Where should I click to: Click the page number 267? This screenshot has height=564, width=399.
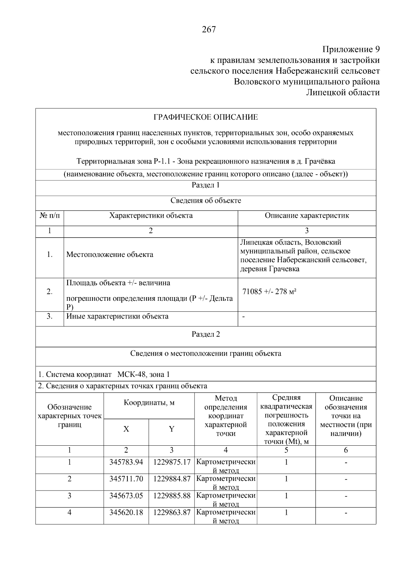(x=209, y=30)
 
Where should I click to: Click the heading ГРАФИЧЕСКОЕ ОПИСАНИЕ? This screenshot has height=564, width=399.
(x=205, y=117)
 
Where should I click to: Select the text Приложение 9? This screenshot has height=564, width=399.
(x=351, y=50)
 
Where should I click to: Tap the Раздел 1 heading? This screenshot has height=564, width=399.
(x=205, y=185)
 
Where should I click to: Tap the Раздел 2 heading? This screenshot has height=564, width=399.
(x=205, y=334)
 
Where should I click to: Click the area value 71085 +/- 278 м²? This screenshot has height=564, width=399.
(x=269, y=292)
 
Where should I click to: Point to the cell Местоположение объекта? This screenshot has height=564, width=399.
(x=110, y=255)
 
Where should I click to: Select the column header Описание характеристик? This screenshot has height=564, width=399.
(x=307, y=215)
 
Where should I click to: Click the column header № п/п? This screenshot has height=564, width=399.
(x=50, y=215)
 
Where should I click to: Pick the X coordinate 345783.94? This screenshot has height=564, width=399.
(x=126, y=462)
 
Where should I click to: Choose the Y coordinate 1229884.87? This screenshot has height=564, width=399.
(x=172, y=479)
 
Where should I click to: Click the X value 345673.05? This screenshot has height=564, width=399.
(x=126, y=496)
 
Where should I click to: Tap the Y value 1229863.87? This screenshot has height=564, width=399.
(x=172, y=512)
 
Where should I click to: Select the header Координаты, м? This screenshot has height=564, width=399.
(x=149, y=403)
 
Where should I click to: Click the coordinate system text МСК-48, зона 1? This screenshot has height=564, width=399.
(x=144, y=375)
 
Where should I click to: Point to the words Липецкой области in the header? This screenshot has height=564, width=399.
(x=342, y=92)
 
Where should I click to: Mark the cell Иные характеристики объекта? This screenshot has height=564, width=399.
(x=117, y=316)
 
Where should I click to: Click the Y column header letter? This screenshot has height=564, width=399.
(x=172, y=429)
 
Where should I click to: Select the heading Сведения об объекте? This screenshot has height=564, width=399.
(x=205, y=201)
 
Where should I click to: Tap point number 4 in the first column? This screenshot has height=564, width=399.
(x=69, y=512)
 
